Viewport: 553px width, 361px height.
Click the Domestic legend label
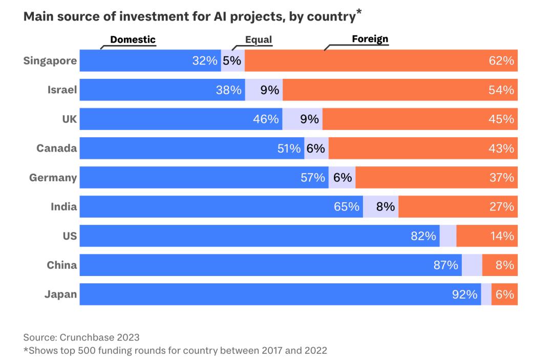133,39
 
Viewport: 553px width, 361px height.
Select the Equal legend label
259,39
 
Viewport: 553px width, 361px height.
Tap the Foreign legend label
370,39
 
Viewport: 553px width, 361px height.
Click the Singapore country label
50,61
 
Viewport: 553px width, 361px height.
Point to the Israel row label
62,90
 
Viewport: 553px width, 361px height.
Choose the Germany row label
53,178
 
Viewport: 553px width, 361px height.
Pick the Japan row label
61,294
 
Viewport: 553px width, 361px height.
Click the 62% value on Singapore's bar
501,61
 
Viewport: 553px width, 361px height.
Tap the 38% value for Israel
228,90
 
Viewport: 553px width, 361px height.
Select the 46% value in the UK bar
266,119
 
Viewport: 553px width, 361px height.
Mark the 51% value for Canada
289,148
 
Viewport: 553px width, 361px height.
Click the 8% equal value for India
386,207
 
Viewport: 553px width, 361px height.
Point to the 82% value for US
423,236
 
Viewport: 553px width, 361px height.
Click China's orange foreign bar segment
500,265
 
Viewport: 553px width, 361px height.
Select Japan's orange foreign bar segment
504,294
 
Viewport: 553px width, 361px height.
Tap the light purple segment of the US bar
448,236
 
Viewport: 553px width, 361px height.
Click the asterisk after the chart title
359,12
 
